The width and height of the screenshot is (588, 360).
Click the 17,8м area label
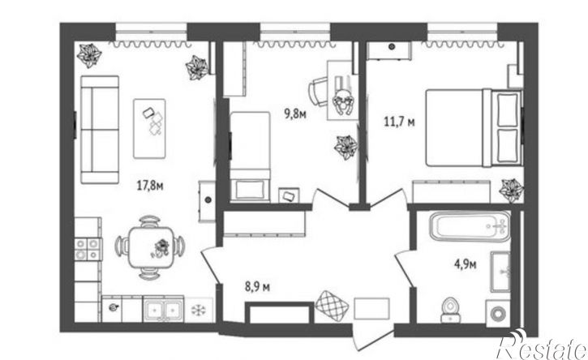tap(150, 186)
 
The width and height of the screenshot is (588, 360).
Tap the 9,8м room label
tap(295, 114)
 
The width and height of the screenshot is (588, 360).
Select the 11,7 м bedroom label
tap(399, 122)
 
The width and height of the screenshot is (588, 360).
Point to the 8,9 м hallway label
tap(257, 287)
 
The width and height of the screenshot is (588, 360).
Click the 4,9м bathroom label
tap(466, 264)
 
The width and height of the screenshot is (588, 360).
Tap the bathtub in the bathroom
tap(470, 226)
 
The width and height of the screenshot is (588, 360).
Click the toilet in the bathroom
tap(450, 310)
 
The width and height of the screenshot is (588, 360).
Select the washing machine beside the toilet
tap(498, 312)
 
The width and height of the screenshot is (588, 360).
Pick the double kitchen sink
tap(163, 310)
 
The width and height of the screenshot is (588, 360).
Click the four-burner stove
tap(88, 250)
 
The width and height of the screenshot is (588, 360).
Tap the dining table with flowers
tap(151, 247)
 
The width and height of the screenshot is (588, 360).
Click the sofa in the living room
tap(100, 130)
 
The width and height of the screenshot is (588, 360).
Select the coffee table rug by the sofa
tap(149, 129)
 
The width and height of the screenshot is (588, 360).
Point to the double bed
tap(474, 127)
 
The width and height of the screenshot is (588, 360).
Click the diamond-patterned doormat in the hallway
tap(332, 306)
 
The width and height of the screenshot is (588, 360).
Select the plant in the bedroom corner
tap(512, 191)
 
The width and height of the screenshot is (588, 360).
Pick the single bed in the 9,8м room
tap(250, 156)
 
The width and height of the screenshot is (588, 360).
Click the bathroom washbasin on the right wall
tap(500, 272)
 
